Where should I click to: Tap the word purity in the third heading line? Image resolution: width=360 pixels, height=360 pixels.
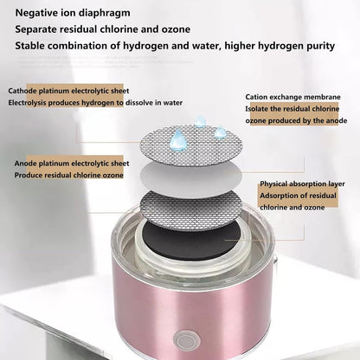click(x=320, y=46)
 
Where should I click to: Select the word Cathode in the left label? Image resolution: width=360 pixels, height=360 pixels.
click(x=22, y=91)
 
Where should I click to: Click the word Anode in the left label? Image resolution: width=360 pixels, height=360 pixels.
click(x=26, y=164)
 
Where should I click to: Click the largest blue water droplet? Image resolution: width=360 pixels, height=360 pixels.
click(x=177, y=139)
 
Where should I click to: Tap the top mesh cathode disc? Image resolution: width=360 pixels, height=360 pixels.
click(x=190, y=146)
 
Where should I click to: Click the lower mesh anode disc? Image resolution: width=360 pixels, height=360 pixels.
click(x=190, y=209)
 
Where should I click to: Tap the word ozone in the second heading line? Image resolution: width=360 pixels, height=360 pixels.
click(x=177, y=29)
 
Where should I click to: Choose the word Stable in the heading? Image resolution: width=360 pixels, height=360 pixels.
click(x=30, y=46)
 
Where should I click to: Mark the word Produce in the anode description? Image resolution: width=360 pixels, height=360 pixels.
click(x=29, y=176)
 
